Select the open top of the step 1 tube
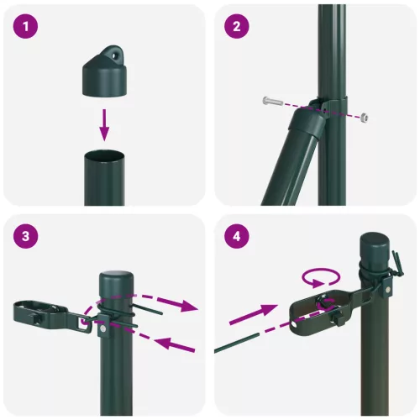(x=104, y=156)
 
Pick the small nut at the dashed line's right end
(x=365, y=116)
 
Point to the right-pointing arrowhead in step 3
(x=191, y=307)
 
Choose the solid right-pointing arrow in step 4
(x=253, y=318)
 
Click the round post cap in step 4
(x=375, y=249)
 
